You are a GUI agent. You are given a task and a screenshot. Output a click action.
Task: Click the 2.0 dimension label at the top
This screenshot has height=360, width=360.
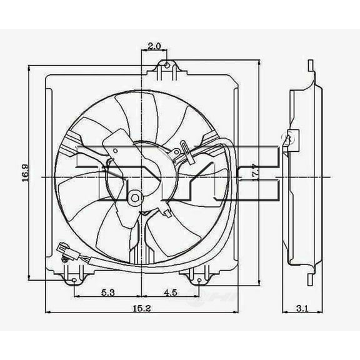tap(156, 45)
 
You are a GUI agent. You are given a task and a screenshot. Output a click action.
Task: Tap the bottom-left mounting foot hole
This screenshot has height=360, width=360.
tap(75, 280)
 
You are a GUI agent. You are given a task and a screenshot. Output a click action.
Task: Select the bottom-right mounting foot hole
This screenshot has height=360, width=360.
tap(199, 280)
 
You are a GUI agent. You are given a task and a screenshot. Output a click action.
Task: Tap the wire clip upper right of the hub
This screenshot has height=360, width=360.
tap(184, 150)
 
